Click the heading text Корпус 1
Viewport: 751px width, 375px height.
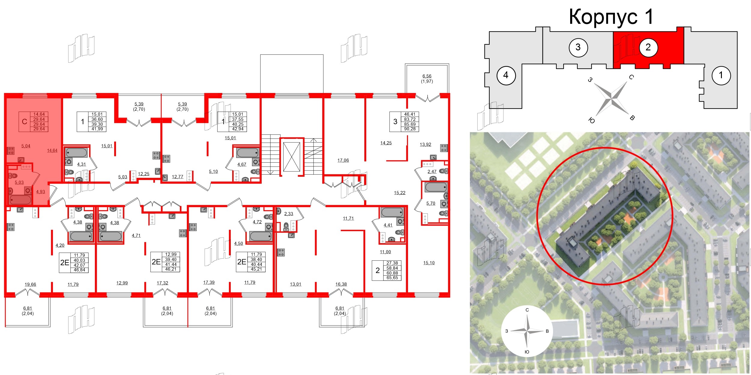pyautogui.click(x=611, y=17)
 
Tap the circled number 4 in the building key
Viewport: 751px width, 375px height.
pyautogui.click(x=506, y=75)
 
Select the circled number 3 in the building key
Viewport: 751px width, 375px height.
pyautogui.click(x=578, y=47)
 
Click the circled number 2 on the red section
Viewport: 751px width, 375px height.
pyautogui.click(x=648, y=47)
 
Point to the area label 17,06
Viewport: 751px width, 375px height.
pyautogui.click(x=343, y=160)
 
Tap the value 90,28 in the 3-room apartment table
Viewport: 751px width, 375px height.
pyautogui.click(x=410, y=129)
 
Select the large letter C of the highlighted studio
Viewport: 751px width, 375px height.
pyautogui.click(x=25, y=121)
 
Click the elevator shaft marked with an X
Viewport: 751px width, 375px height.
pyautogui.click(x=291, y=157)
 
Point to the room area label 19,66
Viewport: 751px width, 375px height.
pyautogui.click(x=30, y=284)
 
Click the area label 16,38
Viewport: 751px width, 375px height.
pyautogui.click(x=341, y=284)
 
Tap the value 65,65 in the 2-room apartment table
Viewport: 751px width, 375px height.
pyautogui.click(x=392, y=278)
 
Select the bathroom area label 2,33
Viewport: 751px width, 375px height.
pyautogui.click(x=289, y=214)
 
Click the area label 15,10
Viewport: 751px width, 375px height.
pyautogui.click(x=429, y=263)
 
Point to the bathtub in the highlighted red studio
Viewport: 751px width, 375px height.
pyautogui.click(x=20, y=199)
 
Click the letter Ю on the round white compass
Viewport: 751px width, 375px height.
pyautogui.click(x=527, y=352)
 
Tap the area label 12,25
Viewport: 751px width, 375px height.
pyautogui.click(x=144, y=174)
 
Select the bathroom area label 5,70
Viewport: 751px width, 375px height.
pyautogui.click(x=430, y=203)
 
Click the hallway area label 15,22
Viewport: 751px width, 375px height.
pyautogui.click(x=400, y=193)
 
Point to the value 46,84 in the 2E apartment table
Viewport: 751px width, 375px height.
pyautogui.click(x=79, y=270)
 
